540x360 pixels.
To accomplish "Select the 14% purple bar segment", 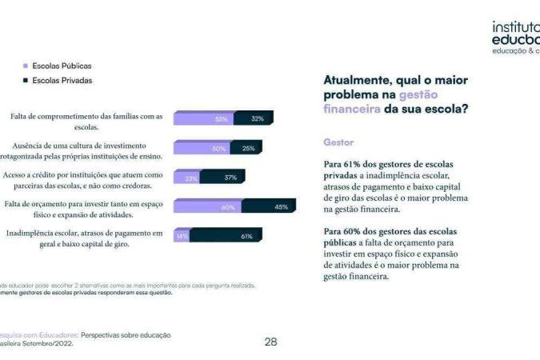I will tap(182, 236).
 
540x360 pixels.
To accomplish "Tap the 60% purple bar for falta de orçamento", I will tap(207, 206).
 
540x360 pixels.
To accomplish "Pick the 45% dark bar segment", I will tap(269, 206).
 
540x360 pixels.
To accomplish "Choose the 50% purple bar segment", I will tap(202, 148).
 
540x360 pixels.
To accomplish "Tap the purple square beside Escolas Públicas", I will tap(26, 66).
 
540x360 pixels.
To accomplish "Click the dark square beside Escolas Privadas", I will tap(26, 81).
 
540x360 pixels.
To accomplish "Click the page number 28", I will tap(270, 342).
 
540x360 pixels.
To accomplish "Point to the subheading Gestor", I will tap(338, 142).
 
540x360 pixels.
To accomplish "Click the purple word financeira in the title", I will tap(351, 109).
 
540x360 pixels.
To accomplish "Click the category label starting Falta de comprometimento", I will tap(86, 121).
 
